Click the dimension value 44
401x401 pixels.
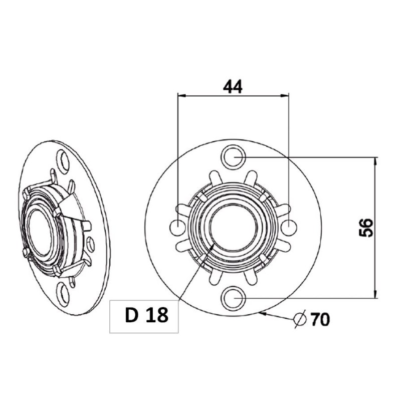pyautogui.click(x=233, y=86)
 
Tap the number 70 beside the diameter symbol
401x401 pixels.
pyautogui.click(x=320, y=319)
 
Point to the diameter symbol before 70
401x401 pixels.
pyautogui.click(x=300, y=319)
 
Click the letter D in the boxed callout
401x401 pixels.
pyautogui.click(x=132, y=316)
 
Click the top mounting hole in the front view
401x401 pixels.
pyautogui.click(x=233, y=156)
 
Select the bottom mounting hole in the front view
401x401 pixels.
pyautogui.click(x=233, y=298)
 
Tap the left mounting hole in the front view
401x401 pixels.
pyautogui.click(x=178, y=228)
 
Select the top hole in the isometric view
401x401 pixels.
pyautogui.click(x=63, y=159)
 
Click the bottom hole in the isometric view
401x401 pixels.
pyautogui.click(x=63, y=294)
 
